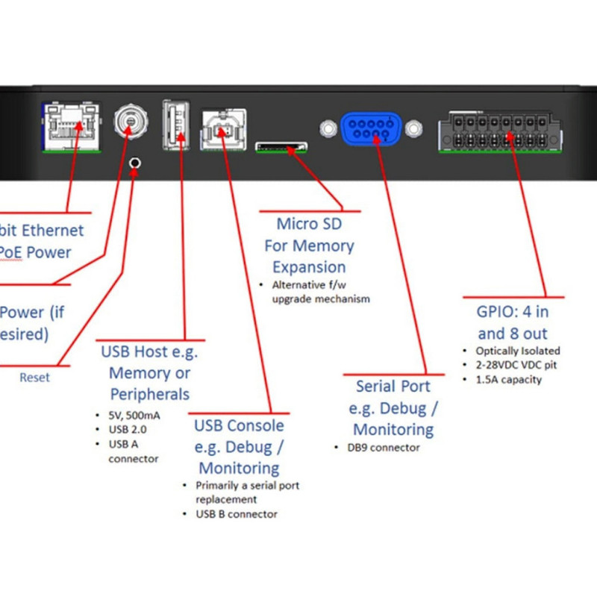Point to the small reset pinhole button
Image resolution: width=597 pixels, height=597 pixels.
coord(135,163)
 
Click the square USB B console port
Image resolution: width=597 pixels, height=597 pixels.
coord(223,129)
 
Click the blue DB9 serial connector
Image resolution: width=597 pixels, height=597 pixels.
coord(369,128)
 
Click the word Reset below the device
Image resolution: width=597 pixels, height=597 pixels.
coord(34,378)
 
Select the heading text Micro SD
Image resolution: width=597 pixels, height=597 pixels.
coord(308,224)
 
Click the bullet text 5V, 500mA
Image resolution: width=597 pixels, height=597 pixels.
coord(130,415)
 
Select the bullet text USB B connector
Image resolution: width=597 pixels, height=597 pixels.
coord(237,514)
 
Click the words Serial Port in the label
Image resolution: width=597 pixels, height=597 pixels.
coord(393,387)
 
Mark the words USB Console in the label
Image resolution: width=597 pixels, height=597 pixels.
coord(239,425)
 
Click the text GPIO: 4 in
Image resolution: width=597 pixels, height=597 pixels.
coord(513,311)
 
